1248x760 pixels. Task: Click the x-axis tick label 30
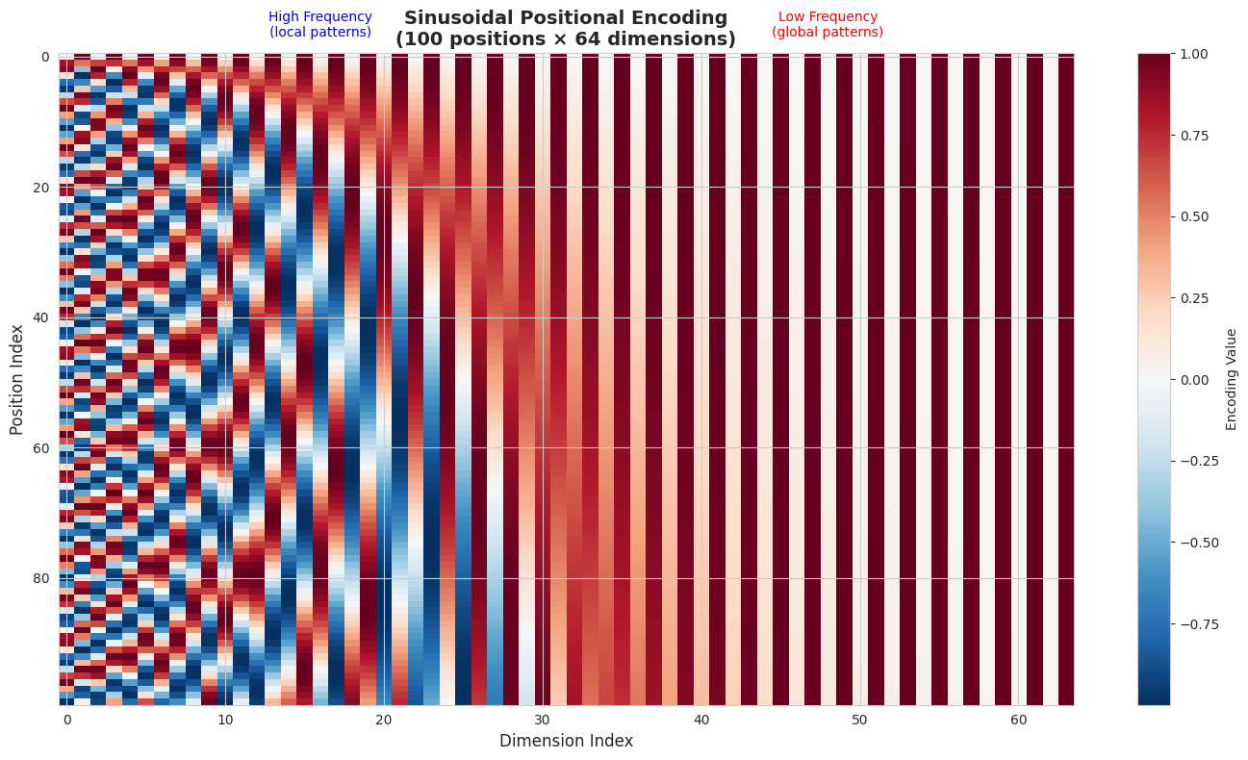click(543, 720)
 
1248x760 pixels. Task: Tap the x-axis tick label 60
click(1019, 720)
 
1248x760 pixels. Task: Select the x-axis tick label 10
click(225, 720)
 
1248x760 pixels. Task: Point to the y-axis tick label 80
click(42, 578)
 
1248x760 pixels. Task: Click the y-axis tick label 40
click(42, 317)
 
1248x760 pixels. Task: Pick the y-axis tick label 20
click(42, 188)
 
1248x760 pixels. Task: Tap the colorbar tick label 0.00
click(1193, 380)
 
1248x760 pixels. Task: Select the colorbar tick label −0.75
click(1197, 623)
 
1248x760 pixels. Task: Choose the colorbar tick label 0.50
click(1193, 216)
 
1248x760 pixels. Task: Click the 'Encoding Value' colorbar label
click(1232, 379)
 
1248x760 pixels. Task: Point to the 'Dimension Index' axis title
click(566, 741)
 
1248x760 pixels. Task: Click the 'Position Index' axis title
click(17, 379)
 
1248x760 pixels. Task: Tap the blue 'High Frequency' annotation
click(319, 17)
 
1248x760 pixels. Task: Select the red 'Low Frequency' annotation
click(828, 17)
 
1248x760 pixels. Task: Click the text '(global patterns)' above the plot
click(828, 33)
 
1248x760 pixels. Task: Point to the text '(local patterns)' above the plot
click(319, 33)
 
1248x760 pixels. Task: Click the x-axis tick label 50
click(860, 720)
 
